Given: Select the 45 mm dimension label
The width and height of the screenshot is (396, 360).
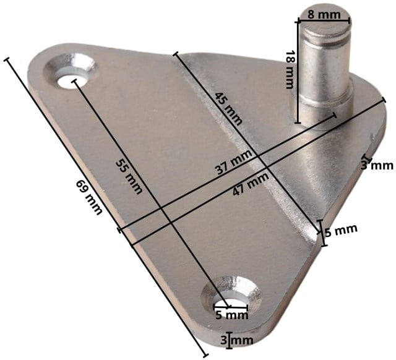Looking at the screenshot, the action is click(x=228, y=109).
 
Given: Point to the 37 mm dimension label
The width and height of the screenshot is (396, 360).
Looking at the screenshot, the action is click(x=234, y=162).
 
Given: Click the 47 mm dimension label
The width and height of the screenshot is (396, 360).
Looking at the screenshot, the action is click(x=251, y=184).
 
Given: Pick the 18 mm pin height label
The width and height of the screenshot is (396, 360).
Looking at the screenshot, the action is click(x=290, y=70).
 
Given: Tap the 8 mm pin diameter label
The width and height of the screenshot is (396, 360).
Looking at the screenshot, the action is click(x=324, y=15).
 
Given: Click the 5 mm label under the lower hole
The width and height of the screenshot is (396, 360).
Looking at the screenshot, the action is click(x=232, y=315).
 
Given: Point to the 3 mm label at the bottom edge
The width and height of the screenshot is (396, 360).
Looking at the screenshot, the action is click(x=236, y=340).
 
